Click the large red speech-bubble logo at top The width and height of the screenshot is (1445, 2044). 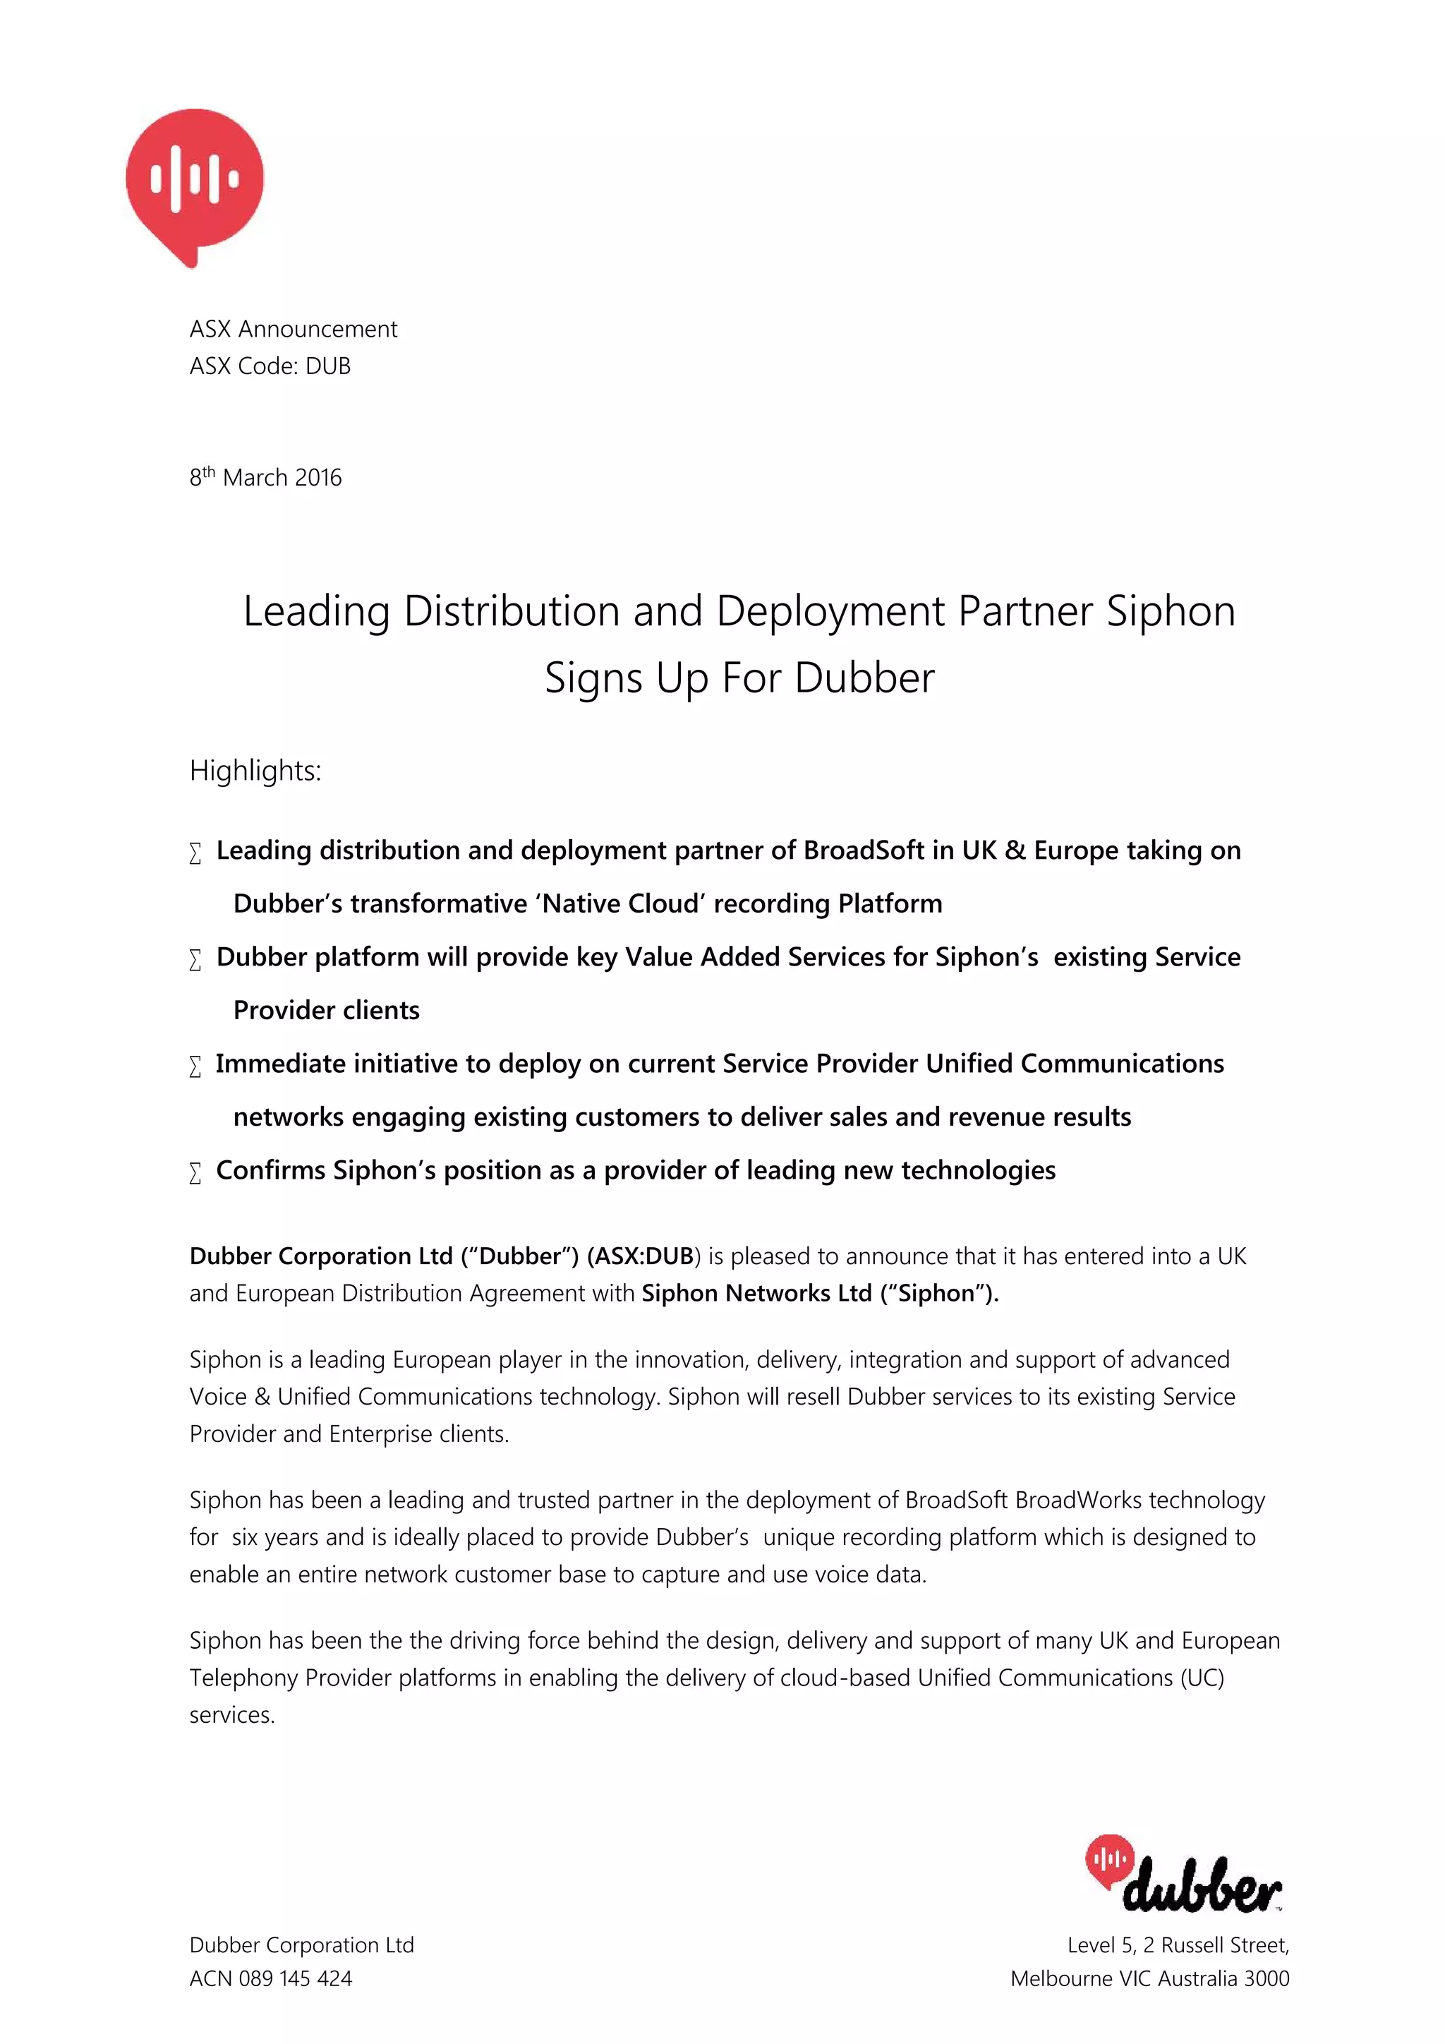(x=195, y=181)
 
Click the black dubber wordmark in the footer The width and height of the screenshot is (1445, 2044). (x=1201, y=1884)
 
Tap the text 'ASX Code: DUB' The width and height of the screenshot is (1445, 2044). (x=270, y=366)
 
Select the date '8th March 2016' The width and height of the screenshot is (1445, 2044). (x=265, y=477)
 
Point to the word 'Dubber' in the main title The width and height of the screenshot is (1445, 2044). (x=864, y=678)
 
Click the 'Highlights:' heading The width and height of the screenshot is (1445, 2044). (x=255, y=771)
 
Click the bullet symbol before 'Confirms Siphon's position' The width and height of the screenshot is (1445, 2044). (x=195, y=1172)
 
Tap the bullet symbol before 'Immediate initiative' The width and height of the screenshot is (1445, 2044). (x=195, y=1066)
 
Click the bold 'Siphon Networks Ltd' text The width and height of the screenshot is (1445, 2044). (x=756, y=1294)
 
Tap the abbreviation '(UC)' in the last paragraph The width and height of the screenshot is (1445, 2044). (x=1202, y=1678)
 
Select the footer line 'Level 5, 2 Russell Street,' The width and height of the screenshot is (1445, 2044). (x=1178, y=1945)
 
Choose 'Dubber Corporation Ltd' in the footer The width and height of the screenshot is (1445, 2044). (x=302, y=1945)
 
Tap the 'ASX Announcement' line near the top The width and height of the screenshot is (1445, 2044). (x=293, y=330)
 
